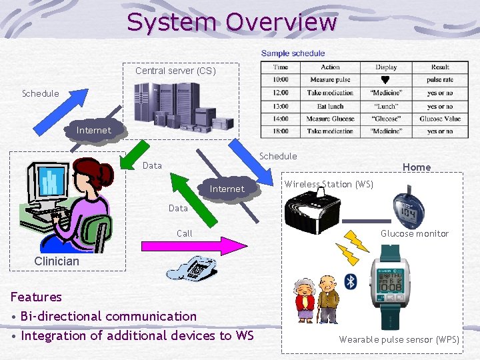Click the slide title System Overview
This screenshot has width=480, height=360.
(232, 22)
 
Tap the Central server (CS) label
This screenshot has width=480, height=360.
(175, 71)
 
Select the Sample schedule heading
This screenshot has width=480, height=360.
(293, 53)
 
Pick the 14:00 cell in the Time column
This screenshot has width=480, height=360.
(281, 119)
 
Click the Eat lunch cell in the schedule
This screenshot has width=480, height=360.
(330, 106)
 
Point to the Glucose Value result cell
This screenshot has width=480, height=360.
(440, 119)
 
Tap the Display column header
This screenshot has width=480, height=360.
(386, 67)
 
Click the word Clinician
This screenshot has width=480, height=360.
(57, 261)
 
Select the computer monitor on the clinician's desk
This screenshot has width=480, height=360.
(50, 184)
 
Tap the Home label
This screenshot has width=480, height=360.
(417, 167)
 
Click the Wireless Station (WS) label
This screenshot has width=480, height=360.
(329, 184)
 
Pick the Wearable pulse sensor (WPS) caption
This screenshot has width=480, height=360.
(399, 339)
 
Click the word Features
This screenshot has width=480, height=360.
(36, 297)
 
